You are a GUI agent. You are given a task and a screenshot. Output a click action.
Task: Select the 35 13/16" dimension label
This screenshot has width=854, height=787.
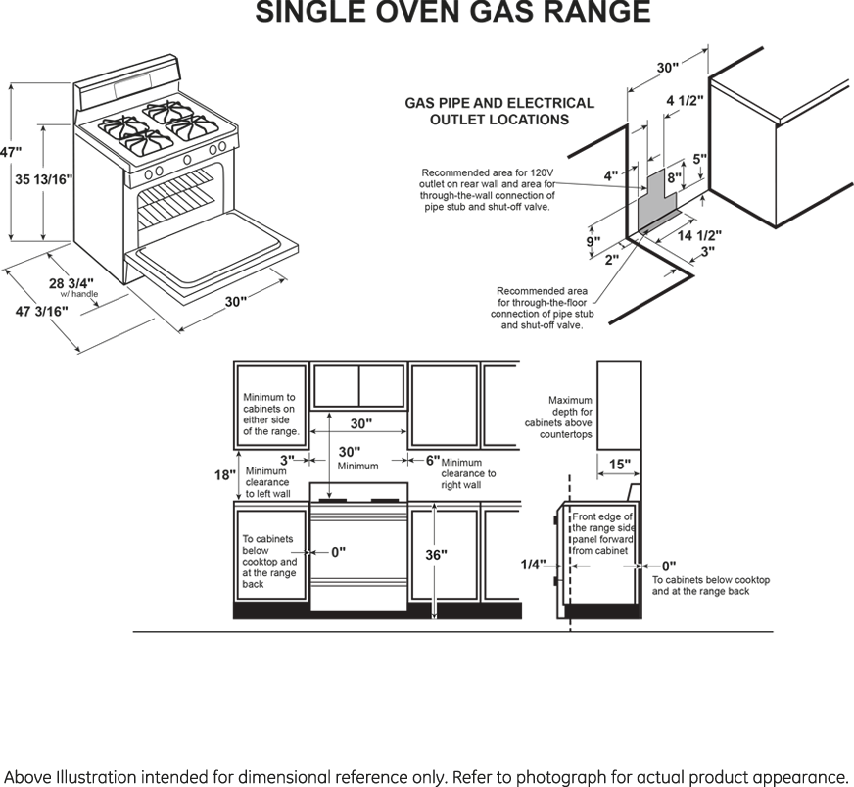pyautogui.click(x=43, y=179)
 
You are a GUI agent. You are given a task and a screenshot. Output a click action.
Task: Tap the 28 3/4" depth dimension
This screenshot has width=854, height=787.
pyautogui.click(x=71, y=283)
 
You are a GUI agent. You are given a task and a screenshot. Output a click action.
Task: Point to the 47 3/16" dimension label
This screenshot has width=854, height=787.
pyautogui.click(x=42, y=312)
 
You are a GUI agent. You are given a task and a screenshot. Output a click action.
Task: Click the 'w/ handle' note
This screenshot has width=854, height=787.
pyautogui.click(x=79, y=294)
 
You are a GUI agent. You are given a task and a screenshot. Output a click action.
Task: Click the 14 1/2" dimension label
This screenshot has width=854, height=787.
pyautogui.click(x=699, y=235)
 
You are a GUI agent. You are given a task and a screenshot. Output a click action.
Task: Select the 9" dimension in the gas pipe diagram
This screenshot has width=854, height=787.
pyautogui.click(x=593, y=241)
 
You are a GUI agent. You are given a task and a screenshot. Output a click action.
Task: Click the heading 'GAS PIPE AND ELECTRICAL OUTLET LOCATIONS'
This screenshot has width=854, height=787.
pyautogui.click(x=499, y=111)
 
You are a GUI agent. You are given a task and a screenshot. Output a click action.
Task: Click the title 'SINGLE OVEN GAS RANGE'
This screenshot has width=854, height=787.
pyautogui.click(x=453, y=12)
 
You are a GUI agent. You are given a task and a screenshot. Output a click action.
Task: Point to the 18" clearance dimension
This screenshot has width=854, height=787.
pyautogui.click(x=224, y=475)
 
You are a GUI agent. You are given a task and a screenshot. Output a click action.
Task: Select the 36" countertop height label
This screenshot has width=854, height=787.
pyautogui.click(x=436, y=555)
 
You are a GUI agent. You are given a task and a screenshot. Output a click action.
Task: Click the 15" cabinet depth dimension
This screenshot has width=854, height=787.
pyautogui.click(x=620, y=465)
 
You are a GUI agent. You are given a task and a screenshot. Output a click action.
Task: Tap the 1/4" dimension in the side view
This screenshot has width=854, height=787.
pyautogui.click(x=533, y=565)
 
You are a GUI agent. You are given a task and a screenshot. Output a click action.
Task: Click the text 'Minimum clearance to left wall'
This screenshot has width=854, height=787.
pyautogui.click(x=267, y=482)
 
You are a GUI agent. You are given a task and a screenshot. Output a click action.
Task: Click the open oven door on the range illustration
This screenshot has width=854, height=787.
pyautogui.click(x=212, y=251)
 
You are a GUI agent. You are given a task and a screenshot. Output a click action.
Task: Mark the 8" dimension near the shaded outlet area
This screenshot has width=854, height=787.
pyautogui.click(x=674, y=177)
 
